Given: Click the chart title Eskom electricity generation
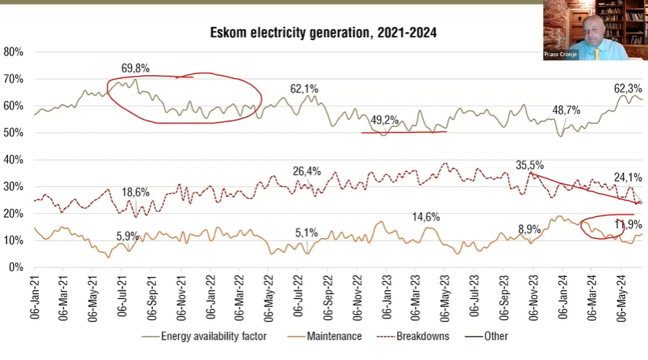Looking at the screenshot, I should (323, 33).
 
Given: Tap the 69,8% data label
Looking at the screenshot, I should (136, 69).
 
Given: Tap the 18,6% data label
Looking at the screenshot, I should (136, 193).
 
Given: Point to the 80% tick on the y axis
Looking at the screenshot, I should (14, 52).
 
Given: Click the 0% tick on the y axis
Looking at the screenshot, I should (17, 267).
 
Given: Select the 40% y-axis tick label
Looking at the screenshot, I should (14, 159).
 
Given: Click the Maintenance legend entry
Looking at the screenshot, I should (333, 337).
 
